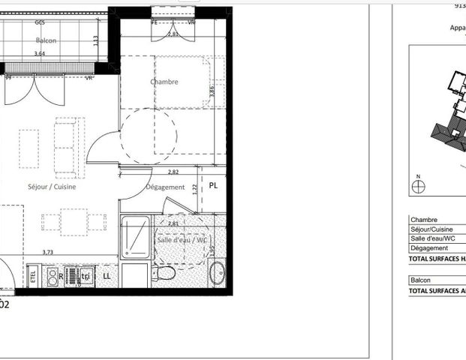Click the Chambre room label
pos(164,82)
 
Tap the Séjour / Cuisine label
pos(48,187)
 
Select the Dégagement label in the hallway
pos(165,187)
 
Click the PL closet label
pos(214,185)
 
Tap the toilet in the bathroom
pos(164,271)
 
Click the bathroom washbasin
pos(217,272)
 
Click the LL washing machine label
pos(107,276)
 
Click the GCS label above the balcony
pos(39,22)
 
